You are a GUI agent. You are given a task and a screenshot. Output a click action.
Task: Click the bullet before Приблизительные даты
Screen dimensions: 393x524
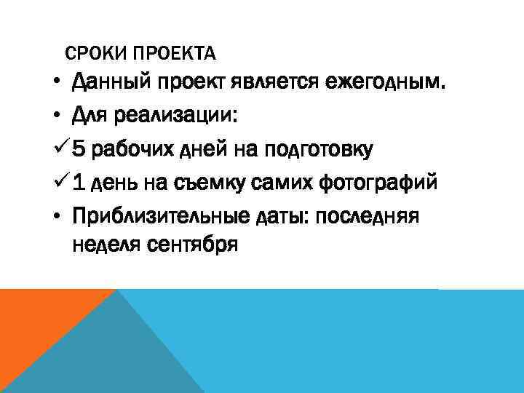point(56,215)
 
